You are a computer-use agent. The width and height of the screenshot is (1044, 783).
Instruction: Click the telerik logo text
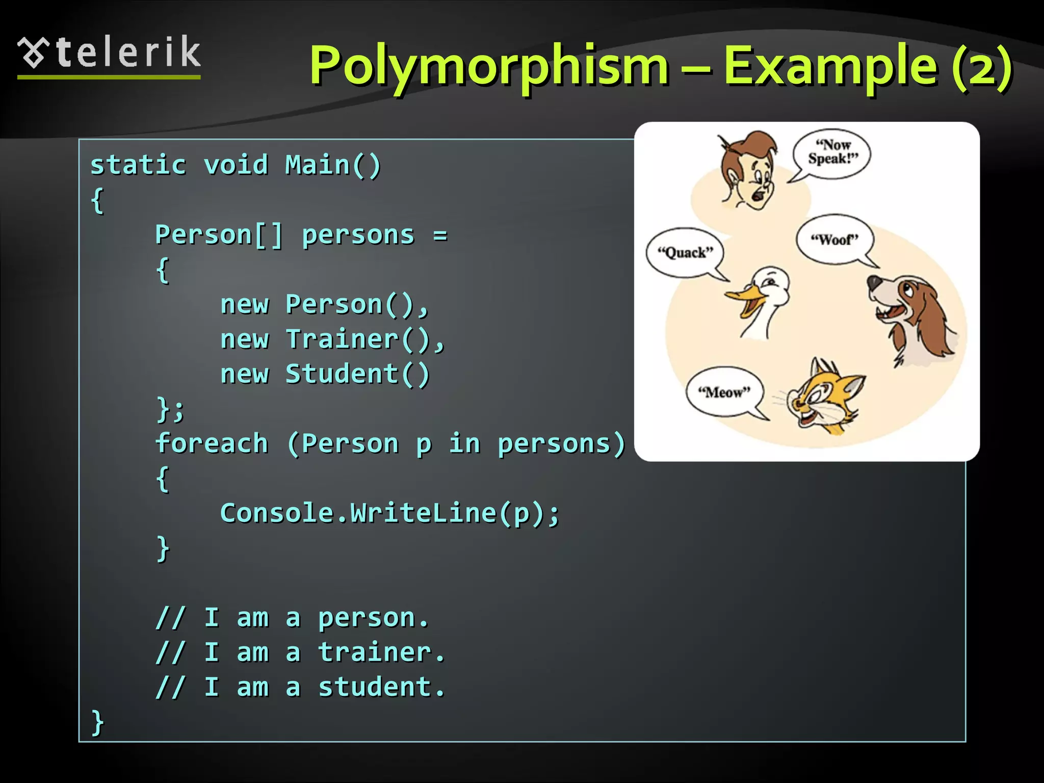pos(127,53)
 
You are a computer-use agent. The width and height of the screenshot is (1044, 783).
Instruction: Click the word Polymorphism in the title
pos(488,65)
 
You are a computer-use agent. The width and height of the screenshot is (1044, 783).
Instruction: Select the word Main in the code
pos(317,165)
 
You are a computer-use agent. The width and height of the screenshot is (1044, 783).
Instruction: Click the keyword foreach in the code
pos(212,443)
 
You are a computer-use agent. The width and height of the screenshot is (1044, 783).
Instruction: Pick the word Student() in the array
pos(357,374)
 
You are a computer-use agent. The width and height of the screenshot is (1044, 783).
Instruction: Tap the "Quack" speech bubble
pos(685,252)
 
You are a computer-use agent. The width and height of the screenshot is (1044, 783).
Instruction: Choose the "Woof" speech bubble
pos(834,239)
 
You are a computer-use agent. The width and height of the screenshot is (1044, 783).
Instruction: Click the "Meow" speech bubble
pos(724,392)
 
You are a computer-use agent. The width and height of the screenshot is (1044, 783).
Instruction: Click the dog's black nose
pos(875,281)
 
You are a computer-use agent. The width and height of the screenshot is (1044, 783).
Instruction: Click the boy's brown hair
pos(754,148)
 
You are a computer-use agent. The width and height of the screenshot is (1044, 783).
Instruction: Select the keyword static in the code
pos(138,165)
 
